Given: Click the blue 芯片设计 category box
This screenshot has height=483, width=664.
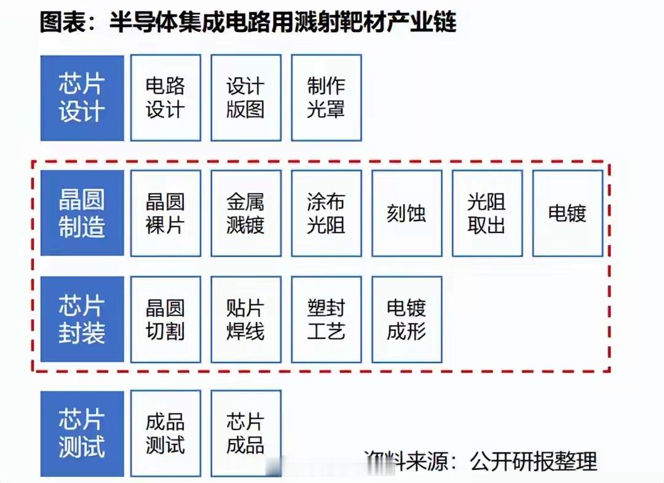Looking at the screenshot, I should pyautogui.click(x=82, y=98).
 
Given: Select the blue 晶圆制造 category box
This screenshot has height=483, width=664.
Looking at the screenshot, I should pyautogui.click(x=82, y=213).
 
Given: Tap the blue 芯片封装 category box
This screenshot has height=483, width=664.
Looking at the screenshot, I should pyautogui.click(x=82, y=319).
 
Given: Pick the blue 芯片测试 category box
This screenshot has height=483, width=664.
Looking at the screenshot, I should pyautogui.click(x=82, y=434).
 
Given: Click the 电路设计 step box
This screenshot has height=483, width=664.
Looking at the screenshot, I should pyautogui.click(x=165, y=98).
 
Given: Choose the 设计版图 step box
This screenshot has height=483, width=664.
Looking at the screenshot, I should pyautogui.click(x=246, y=98).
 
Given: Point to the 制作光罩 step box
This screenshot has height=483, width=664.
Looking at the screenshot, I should pyautogui.click(x=326, y=98).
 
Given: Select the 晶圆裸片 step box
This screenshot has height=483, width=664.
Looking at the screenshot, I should pyautogui.click(x=165, y=213).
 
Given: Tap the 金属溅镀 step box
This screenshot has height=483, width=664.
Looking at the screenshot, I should pyautogui.click(x=246, y=213).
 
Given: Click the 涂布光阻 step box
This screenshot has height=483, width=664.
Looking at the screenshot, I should pyautogui.click(x=326, y=213).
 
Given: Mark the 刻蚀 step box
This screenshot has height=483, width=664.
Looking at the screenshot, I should pyautogui.click(x=406, y=213).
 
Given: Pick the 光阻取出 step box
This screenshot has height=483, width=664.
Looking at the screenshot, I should pyautogui.click(x=487, y=213).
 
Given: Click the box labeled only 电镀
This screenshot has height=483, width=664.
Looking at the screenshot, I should pyautogui.click(x=567, y=213).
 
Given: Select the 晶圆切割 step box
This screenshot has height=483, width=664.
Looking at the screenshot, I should pyautogui.click(x=165, y=319).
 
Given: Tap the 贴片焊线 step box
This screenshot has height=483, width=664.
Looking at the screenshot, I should pyautogui.click(x=246, y=319).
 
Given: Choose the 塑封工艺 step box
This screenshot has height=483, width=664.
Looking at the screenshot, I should pyautogui.click(x=326, y=319).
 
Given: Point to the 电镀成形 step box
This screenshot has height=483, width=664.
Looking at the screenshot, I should pyautogui.click(x=406, y=319).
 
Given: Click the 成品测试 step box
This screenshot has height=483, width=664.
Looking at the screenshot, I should pyautogui.click(x=165, y=434).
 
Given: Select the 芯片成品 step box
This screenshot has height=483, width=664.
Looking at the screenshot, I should pyautogui.click(x=246, y=434).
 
